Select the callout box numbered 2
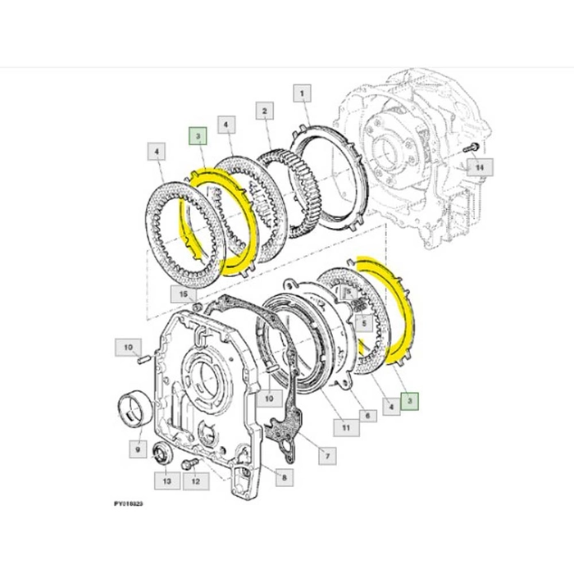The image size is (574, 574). pyautogui.click(x=265, y=110)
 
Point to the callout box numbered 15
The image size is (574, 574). pyautogui.click(x=184, y=293)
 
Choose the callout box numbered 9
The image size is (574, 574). pyautogui.click(x=136, y=449)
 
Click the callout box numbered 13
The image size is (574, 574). pyautogui.click(x=167, y=481)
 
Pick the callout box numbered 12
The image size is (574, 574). pyautogui.click(x=195, y=481)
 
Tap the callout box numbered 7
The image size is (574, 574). pyautogui.click(x=326, y=454)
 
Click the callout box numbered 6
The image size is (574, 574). pyautogui.click(x=366, y=416)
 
